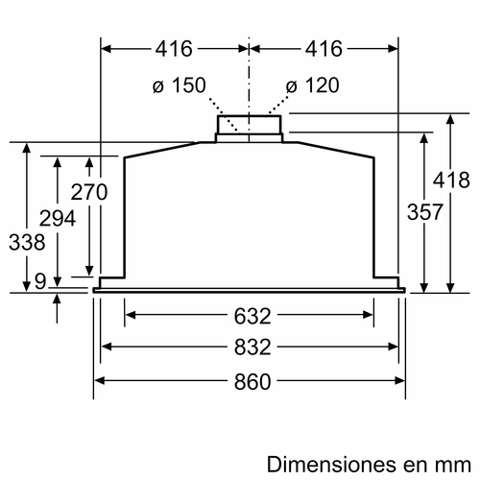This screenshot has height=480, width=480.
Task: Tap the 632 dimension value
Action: [x=249, y=314]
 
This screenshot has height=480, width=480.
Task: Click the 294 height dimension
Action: [x=60, y=219]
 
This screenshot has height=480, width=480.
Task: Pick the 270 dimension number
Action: [x=89, y=191]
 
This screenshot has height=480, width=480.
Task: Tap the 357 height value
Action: [x=424, y=212]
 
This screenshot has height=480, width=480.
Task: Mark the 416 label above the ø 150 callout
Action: [x=174, y=48]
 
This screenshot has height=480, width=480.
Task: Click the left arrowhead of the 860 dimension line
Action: [x=97, y=380]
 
